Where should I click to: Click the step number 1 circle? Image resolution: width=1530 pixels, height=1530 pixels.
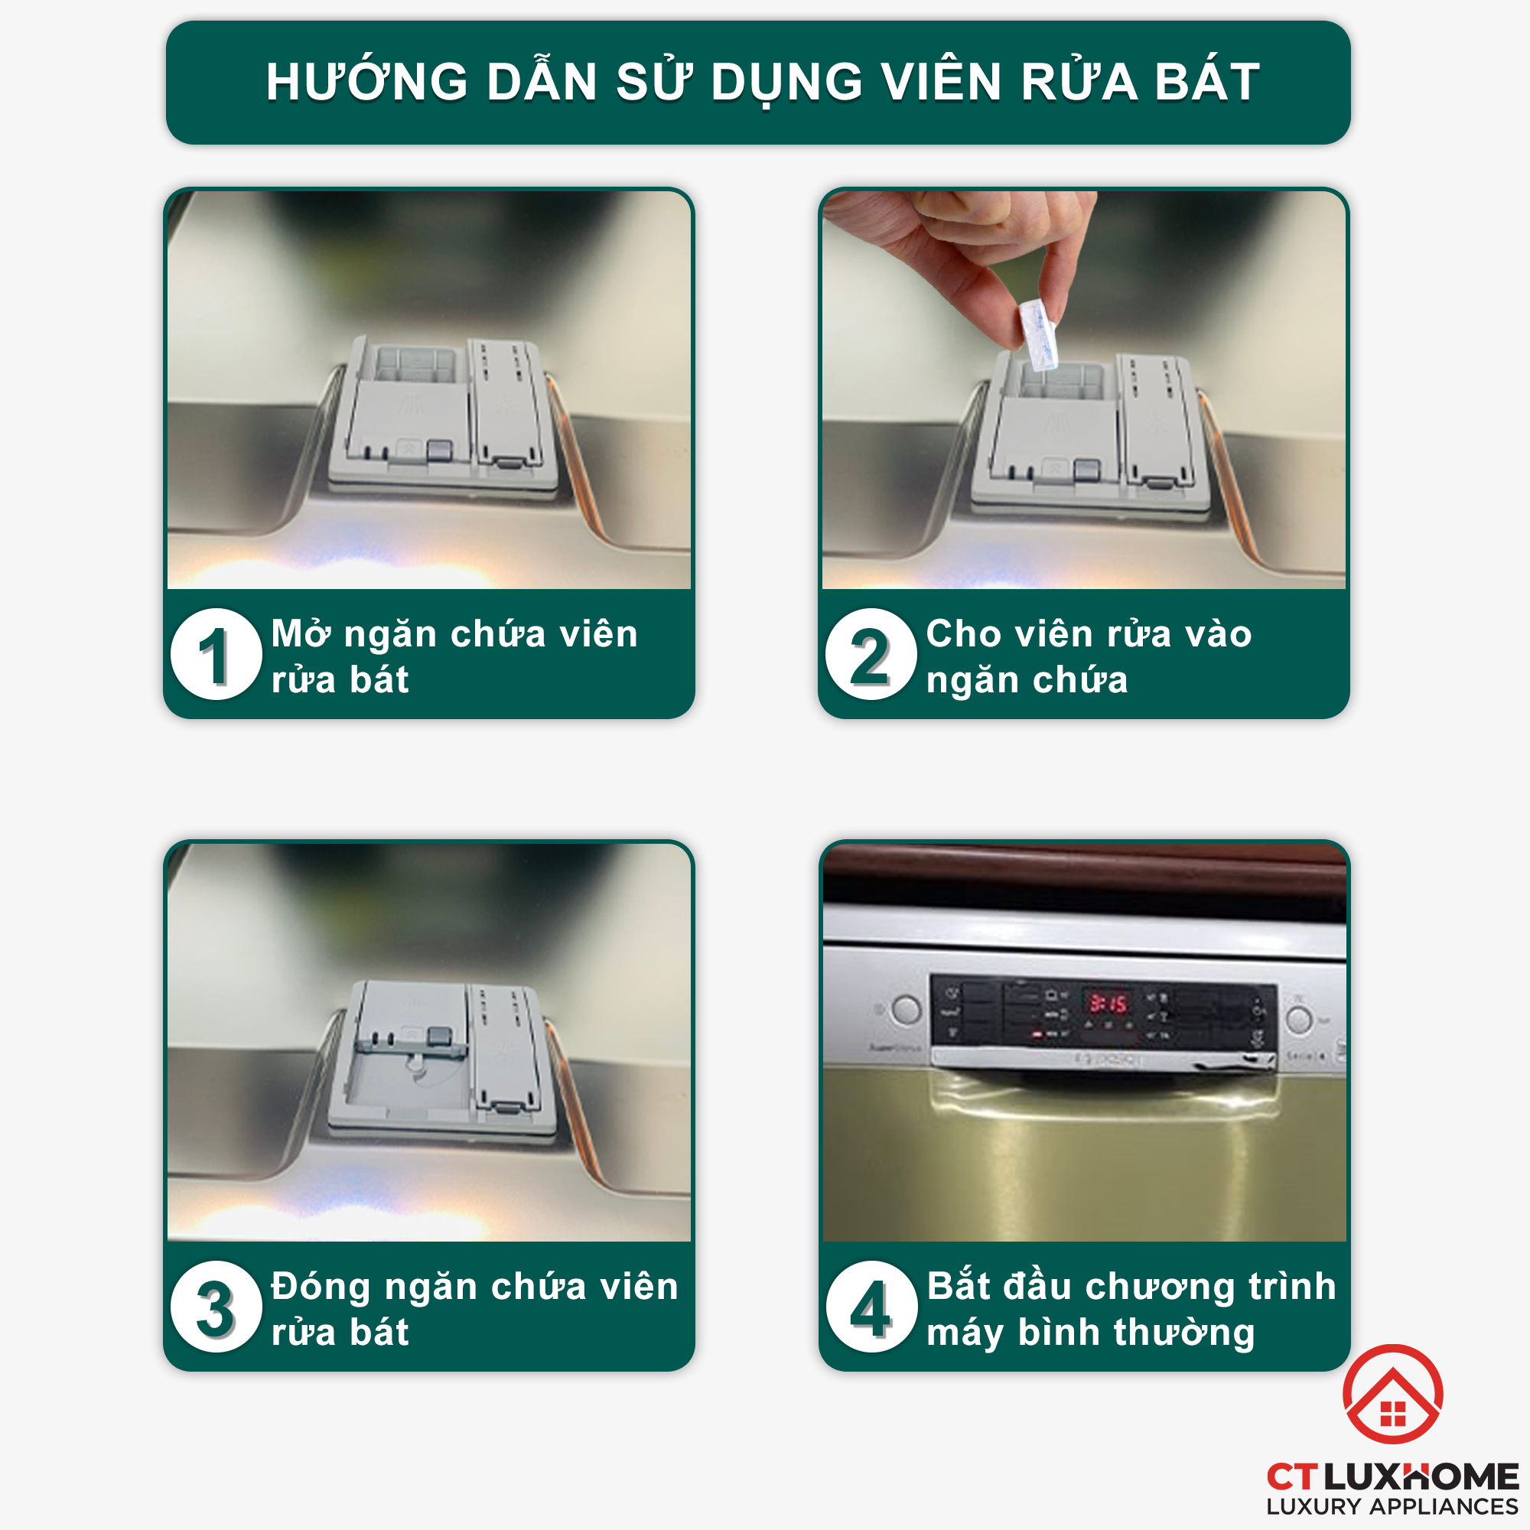pos(216,654)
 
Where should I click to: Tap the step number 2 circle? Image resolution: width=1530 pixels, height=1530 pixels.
pos(871,654)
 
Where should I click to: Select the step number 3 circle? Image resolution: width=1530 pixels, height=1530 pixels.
pos(216,1307)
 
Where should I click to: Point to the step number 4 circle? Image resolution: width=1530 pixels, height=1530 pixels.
pos(871,1307)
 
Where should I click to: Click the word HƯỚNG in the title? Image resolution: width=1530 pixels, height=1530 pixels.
pos(366,82)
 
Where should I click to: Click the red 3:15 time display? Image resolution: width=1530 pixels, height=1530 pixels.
pos(1108,1004)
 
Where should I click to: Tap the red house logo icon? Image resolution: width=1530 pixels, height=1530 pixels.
pos(1393,1394)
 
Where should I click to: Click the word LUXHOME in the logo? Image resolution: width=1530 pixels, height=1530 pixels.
pos(1421,1478)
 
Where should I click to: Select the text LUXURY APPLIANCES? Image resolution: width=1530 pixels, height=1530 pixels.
pos(1392,1507)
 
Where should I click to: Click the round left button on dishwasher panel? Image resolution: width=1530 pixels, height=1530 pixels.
pos(906,1010)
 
